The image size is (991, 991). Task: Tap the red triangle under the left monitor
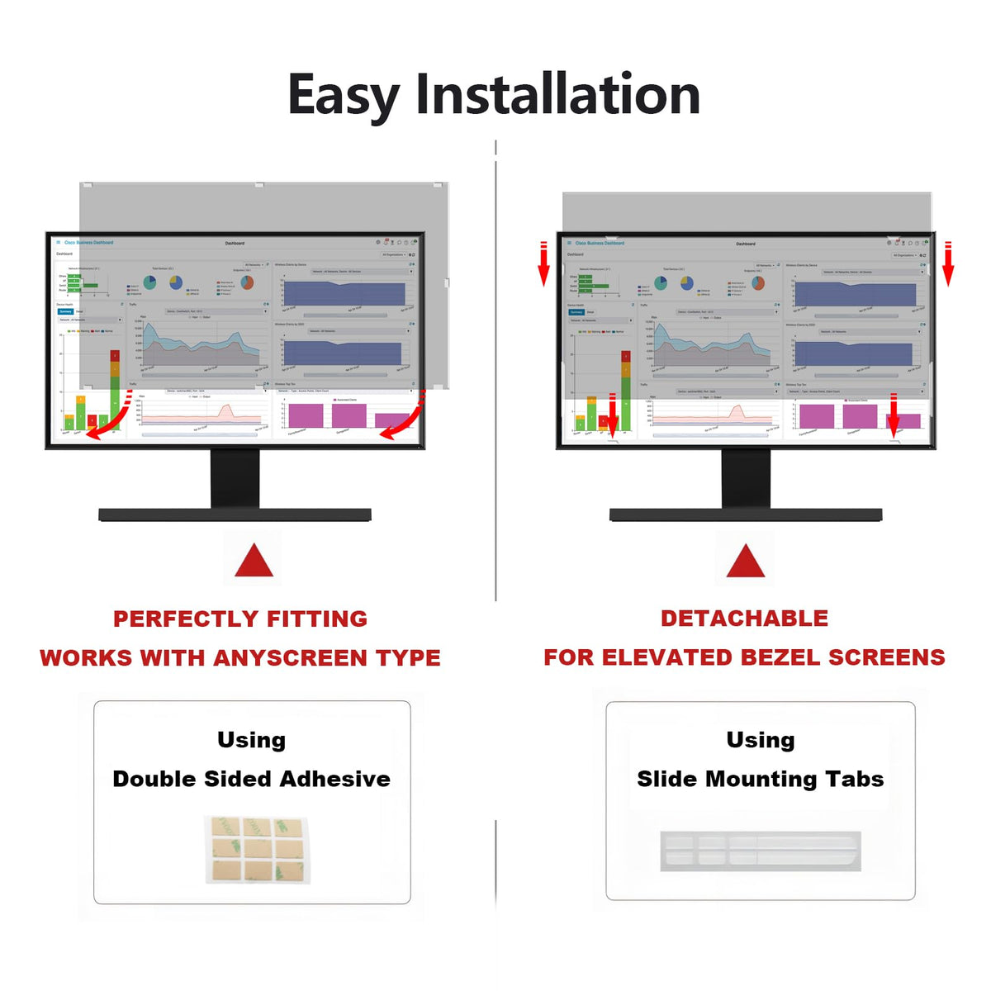tap(254, 561)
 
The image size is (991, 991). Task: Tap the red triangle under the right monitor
tap(745, 561)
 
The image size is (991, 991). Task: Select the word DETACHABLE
tap(744, 618)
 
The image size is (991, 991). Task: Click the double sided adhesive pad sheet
tap(257, 849)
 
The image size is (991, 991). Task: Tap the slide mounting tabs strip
tap(760, 851)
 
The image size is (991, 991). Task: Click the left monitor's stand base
tap(235, 515)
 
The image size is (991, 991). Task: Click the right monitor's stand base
tap(745, 515)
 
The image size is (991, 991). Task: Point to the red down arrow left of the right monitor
tap(543, 264)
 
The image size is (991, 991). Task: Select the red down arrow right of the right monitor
tap(948, 264)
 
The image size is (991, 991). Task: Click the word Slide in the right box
tap(666, 779)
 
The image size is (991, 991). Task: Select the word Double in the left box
tap(151, 779)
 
